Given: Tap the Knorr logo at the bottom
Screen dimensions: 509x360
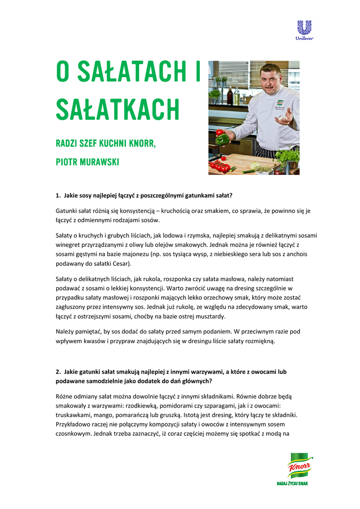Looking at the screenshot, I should tap(298, 466).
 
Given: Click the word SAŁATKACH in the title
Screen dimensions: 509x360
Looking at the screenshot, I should tap(117, 109).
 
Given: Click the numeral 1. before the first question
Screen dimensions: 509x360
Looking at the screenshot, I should tap(58, 195).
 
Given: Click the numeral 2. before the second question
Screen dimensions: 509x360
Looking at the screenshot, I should tap(58, 371).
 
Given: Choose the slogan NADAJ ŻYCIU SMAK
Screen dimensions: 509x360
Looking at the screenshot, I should tap(292, 483).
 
